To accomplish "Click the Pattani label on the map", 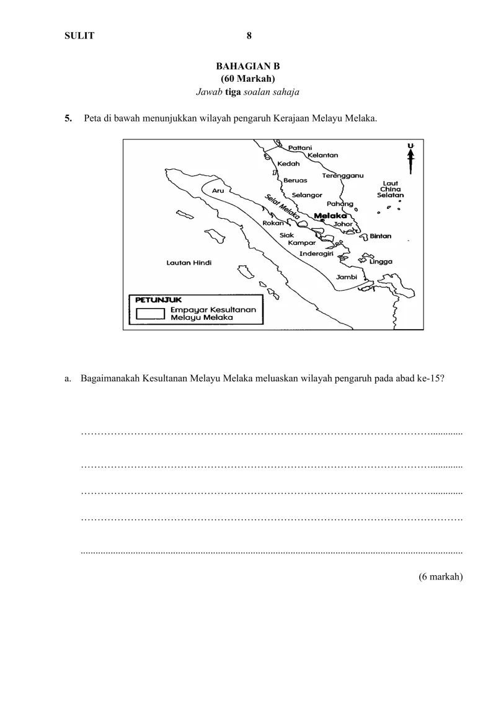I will coord(301,148).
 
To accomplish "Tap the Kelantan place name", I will coord(323,155).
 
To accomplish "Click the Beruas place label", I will coord(295,180).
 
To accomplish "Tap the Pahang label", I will coord(340,203).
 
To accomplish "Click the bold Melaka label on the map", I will coord(330,216).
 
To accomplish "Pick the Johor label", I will coord(343,224).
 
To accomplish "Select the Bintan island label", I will coord(380,236).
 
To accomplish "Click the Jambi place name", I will coord(347,277).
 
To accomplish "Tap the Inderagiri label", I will coord(317,254).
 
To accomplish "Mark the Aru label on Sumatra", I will coord(218,191).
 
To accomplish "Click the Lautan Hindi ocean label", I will coord(189,263).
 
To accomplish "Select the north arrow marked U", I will coord(410,158).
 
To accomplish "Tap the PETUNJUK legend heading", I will coord(154,299).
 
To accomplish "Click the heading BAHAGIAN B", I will coord(249,66).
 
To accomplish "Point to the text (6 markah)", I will coord(441,576).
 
